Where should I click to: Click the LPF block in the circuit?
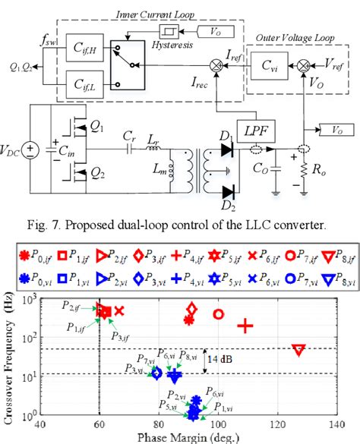[x=254, y=131]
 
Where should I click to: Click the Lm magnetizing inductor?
[x=173, y=172]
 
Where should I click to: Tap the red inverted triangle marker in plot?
[x=298, y=350]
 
